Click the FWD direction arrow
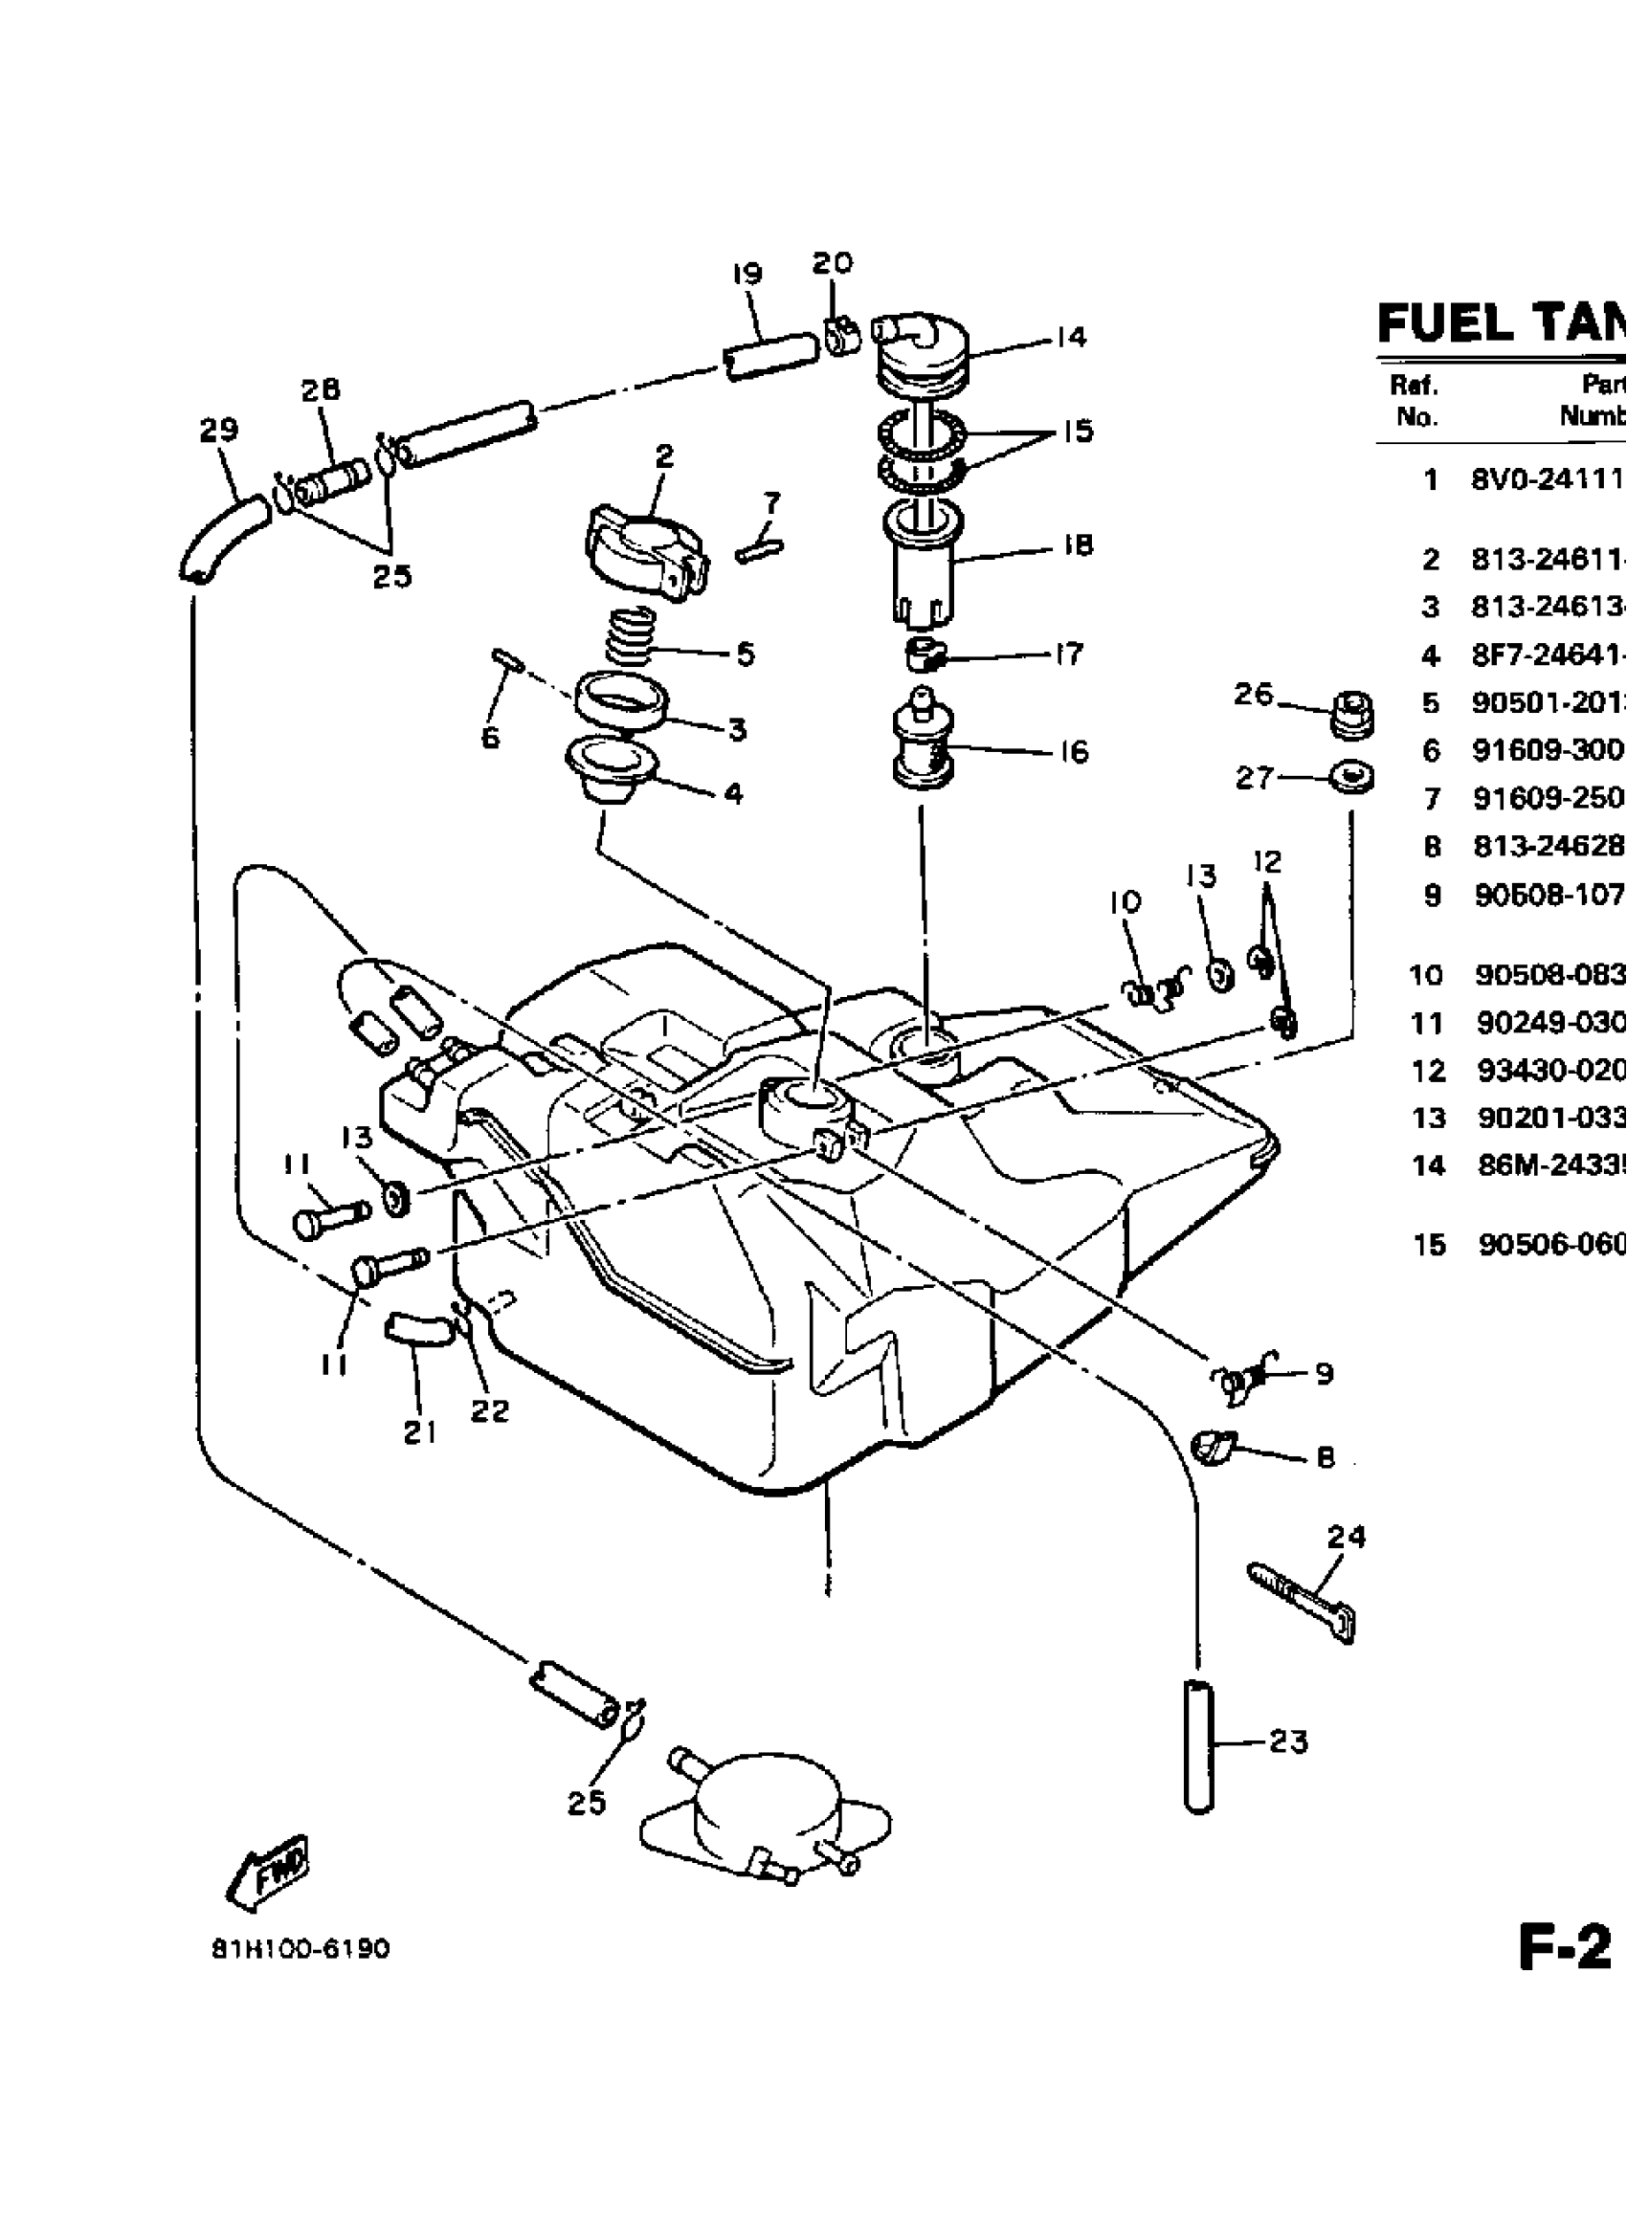[x=268, y=1873]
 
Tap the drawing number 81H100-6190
[x=301, y=1950]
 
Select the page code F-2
[x=1564, y=1950]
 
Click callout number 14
[x=1069, y=338]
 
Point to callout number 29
[x=218, y=431]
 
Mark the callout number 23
[x=1288, y=1743]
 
